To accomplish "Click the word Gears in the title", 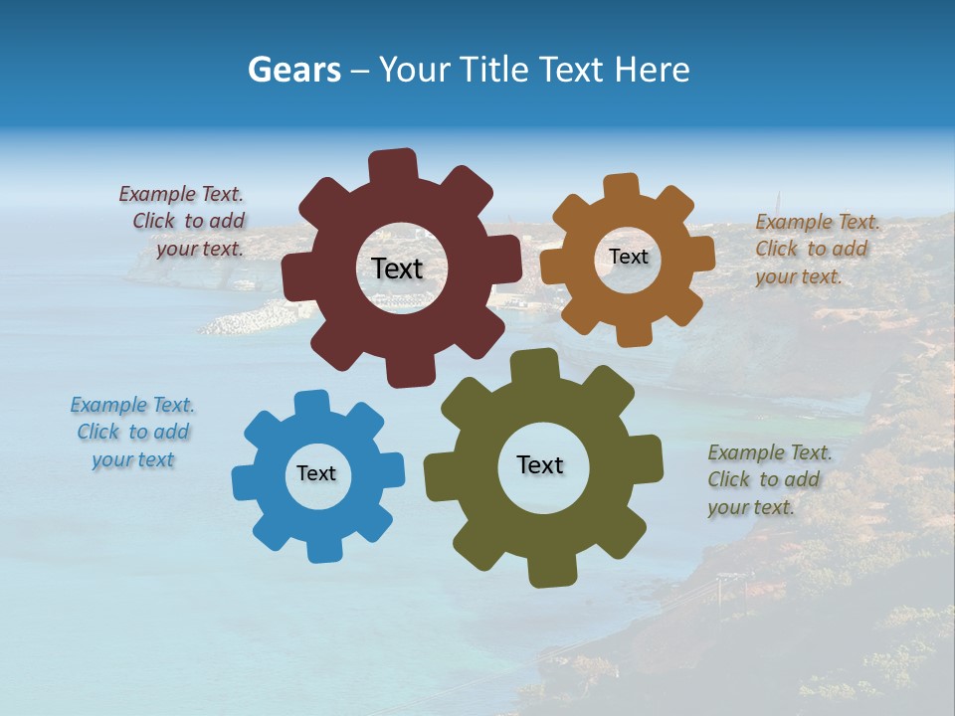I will (293, 70).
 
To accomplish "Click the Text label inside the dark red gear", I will (397, 268).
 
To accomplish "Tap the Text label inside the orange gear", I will (628, 257).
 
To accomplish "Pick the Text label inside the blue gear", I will (316, 473).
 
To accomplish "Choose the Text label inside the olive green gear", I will (540, 464).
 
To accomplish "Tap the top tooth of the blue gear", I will (311, 404).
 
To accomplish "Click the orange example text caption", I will (816, 249).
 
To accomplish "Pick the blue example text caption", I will (132, 432).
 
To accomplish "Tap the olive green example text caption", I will (768, 479).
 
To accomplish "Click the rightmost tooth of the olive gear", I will (648, 459).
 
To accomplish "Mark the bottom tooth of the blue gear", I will (323, 548).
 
